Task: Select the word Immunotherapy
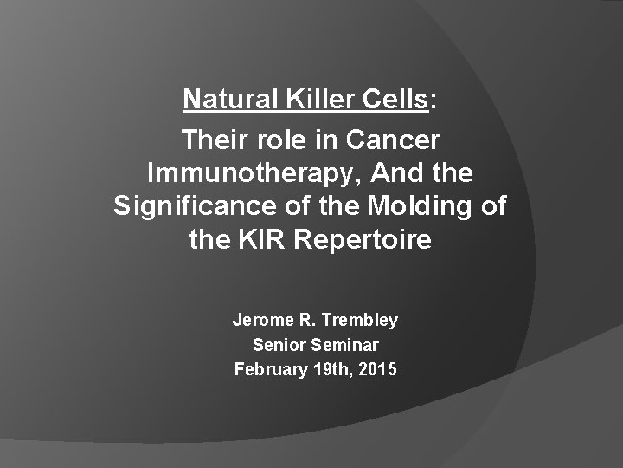point(252,172)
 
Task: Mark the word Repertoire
point(363,240)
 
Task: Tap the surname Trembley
point(362,320)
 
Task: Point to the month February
point(269,370)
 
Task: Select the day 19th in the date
point(329,370)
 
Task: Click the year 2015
point(377,370)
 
